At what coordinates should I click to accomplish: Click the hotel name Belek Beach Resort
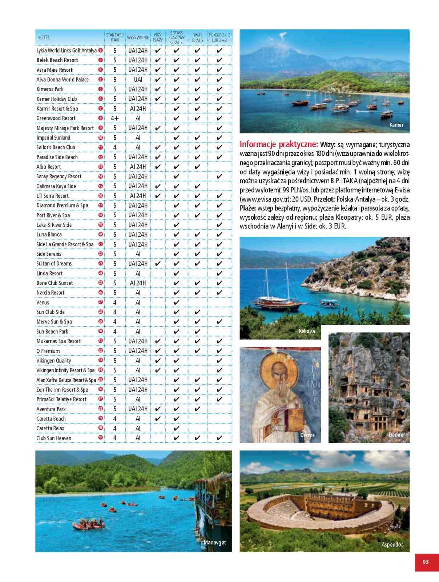(x=57, y=60)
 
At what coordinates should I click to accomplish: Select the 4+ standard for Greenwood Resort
(x=114, y=118)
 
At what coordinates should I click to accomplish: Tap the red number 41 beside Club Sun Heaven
(x=101, y=438)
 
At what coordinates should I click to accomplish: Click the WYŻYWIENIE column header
(x=138, y=37)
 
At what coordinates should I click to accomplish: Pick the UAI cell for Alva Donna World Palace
(x=138, y=79)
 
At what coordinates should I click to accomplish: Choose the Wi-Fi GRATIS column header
(x=197, y=37)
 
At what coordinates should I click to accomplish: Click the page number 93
(x=426, y=562)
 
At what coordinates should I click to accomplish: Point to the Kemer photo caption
(x=396, y=125)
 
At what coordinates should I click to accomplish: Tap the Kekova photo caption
(x=307, y=331)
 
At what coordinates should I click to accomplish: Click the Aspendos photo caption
(x=392, y=544)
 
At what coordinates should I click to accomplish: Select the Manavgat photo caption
(x=214, y=542)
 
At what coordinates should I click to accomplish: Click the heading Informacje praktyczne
(x=278, y=144)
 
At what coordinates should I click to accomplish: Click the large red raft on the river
(x=88, y=524)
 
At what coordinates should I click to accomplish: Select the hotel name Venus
(x=43, y=302)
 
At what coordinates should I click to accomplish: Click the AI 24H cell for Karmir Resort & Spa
(x=138, y=108)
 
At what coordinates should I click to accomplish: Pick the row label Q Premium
(x=48, y=351)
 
